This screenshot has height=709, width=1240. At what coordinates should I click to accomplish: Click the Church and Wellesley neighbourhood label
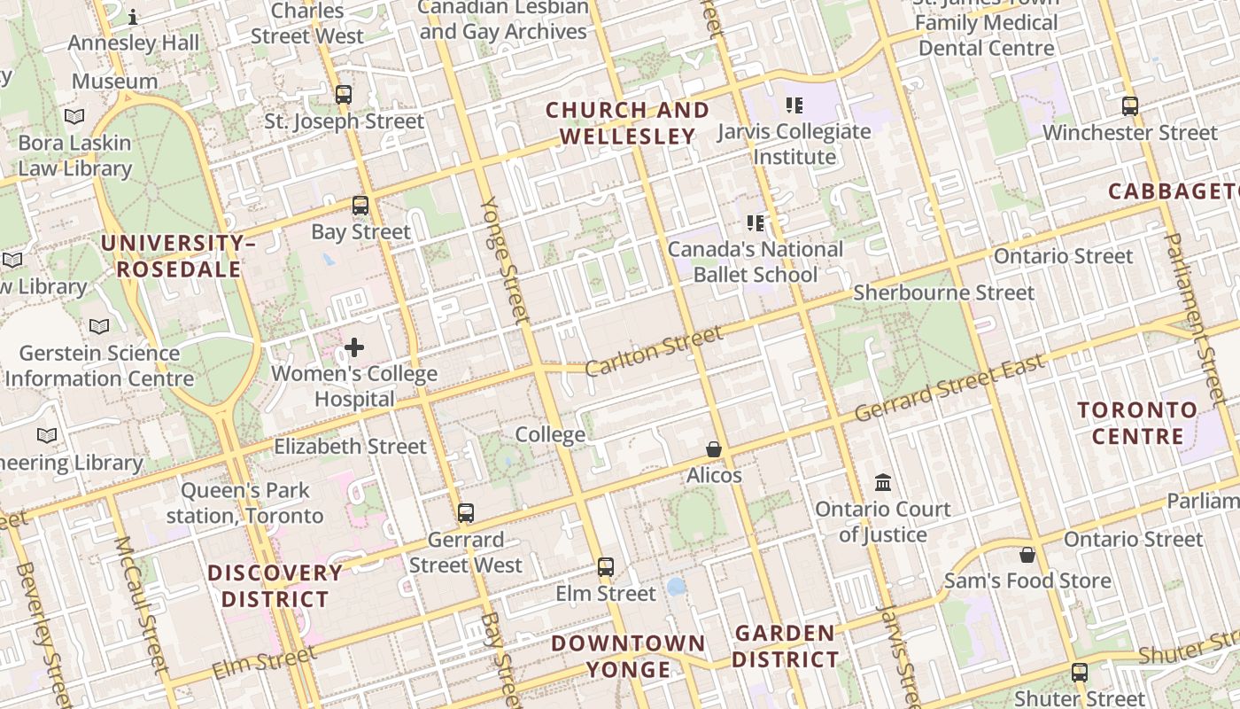[x=627, y=123]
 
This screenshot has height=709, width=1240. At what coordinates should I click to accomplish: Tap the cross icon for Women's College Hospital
[x=354, y=347]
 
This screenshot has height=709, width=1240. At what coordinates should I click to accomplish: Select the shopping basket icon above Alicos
[x=714, y=450]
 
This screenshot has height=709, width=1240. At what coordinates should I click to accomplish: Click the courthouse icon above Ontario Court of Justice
[x=883, y=483]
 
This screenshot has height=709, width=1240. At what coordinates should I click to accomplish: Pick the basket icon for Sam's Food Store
[x=1027, y=555]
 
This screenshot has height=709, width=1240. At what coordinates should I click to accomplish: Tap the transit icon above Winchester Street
[x=1130, y=106]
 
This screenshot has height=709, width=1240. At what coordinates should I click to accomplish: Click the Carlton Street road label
[x=654, y=350]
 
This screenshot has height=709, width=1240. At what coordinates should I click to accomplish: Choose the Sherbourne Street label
[x=943, y=292]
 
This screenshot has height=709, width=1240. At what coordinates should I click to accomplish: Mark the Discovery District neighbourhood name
[x=275, y=586]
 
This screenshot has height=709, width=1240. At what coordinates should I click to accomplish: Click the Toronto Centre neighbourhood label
[x=1137, y=423]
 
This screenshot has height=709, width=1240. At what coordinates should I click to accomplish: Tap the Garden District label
[x=785, y=646]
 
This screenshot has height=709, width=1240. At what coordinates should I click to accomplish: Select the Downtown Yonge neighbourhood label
[x=628, y=656]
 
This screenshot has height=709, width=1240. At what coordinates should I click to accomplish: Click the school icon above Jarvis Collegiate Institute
[x=794, y=105]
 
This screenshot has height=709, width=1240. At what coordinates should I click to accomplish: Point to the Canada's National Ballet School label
[x=756, y=261]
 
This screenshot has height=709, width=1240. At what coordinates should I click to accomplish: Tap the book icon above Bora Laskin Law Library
[x=75, y=116]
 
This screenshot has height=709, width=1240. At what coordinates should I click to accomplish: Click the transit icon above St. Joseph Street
[x=344, y=94]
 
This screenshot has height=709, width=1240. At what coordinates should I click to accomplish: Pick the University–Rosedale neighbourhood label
[x=178, y=256]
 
